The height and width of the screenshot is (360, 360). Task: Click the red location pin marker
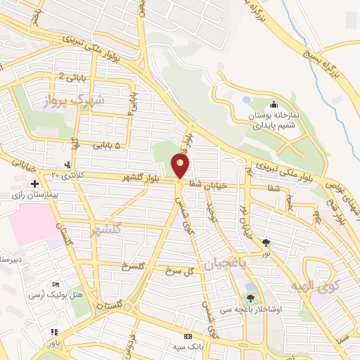coord(181,166)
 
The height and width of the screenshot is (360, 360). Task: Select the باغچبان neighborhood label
coord(227,262)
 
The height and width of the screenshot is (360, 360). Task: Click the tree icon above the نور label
coord(266,243)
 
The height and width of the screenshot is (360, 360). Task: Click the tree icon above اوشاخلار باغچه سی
coord(250,299)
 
